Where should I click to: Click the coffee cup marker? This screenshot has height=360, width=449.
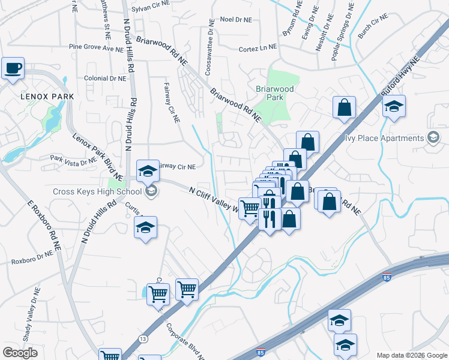coord(13,68)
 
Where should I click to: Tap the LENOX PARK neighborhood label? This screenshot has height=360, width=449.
coord(47,96)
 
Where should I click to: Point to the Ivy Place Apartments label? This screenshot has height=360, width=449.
coord(384,138)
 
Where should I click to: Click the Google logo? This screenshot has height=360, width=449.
coord(20,352)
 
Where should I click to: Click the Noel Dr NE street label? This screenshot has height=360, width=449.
coord(235,19)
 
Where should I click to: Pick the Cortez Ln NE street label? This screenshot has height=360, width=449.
coord(258,48)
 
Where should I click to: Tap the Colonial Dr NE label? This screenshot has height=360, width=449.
coord(105,78)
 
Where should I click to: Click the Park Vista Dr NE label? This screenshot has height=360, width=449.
coord(73,160)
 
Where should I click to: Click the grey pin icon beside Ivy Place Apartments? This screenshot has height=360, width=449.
coord(433,138)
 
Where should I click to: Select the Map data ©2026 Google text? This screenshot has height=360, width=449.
coord(412,355)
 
